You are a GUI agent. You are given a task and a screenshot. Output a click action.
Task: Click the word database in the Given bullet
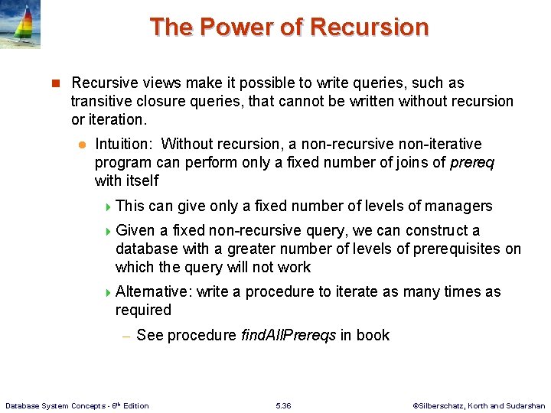pyautogui.click(x=146, y=249)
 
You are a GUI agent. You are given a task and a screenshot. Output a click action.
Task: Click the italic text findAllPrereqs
pyautogui.click(x=288, y=335)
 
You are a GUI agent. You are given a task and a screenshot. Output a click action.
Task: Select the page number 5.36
pyautogui.click(x=282, y=405)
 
